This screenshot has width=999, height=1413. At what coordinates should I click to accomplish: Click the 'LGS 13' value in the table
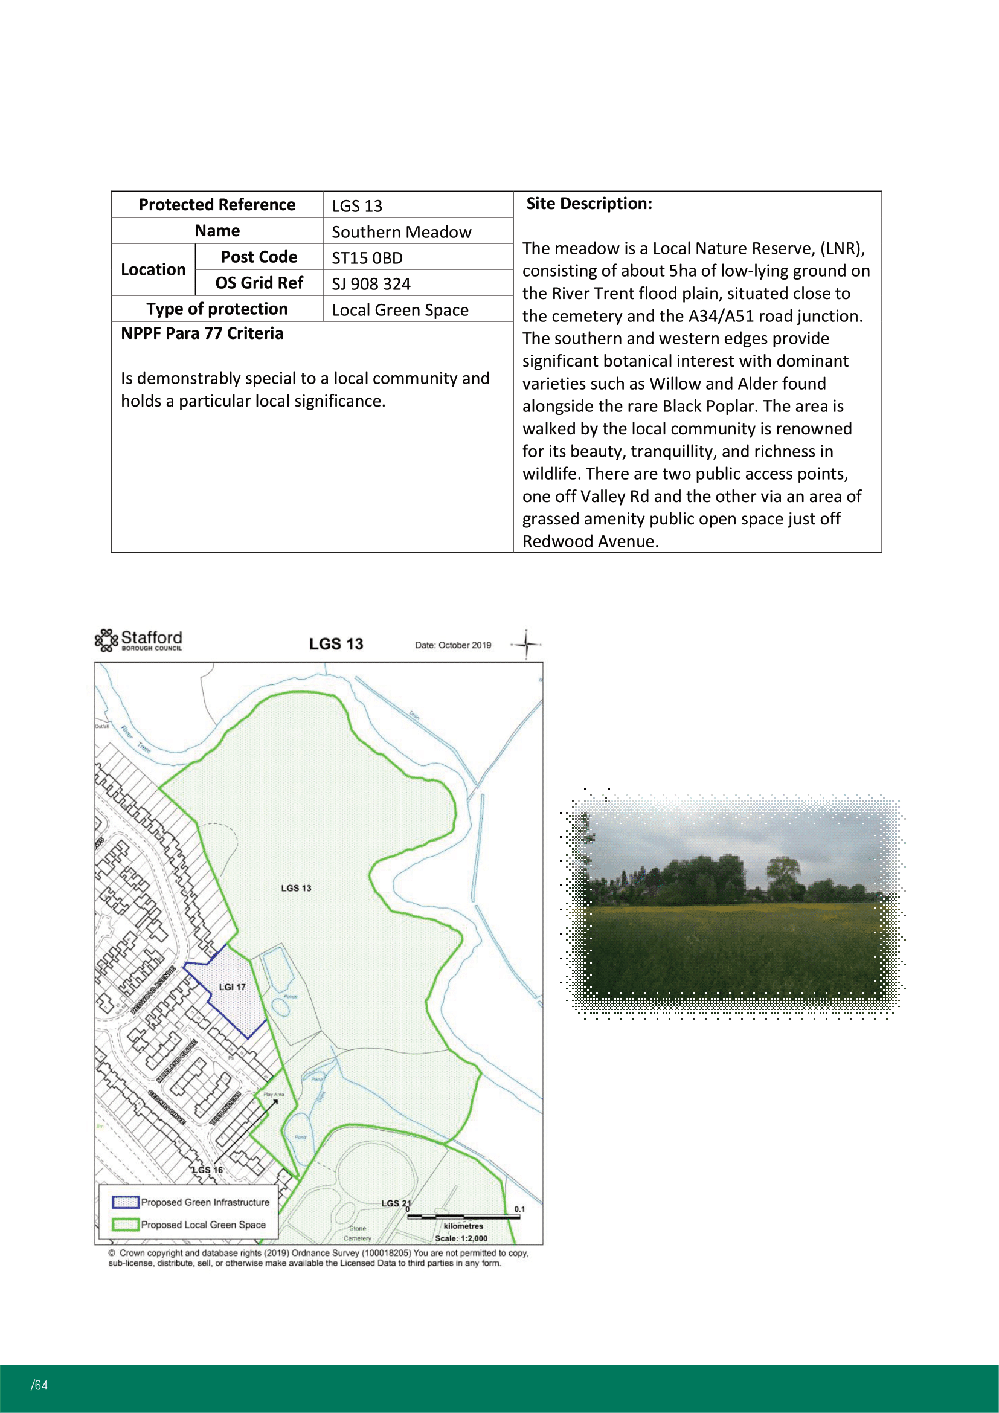[357, 205]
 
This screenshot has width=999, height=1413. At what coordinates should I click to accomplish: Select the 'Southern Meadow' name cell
[401, 232]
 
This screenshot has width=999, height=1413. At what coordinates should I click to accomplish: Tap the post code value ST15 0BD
[367, 258]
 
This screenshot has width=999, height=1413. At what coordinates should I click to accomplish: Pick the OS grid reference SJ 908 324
[371, 284]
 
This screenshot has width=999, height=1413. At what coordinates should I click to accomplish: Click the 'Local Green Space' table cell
[400, 309]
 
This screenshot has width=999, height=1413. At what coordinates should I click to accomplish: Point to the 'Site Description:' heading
[589, 204]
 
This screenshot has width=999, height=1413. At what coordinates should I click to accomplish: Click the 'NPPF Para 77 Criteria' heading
[202, 333]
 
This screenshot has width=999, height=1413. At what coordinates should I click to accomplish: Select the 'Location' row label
[153, 269]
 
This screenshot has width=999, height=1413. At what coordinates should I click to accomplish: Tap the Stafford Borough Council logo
[139, 640]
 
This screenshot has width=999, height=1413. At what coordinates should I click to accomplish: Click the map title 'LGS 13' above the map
[336, 644]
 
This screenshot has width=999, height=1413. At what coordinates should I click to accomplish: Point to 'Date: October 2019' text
[453, 645]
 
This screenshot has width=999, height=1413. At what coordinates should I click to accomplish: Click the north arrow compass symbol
[526, 645]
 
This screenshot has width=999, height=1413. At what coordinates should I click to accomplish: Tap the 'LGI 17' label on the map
[232, 987]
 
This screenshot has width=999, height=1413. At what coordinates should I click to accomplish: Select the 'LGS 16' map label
[207, 1170]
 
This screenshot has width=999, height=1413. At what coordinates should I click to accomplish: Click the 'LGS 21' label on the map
[396, 1203]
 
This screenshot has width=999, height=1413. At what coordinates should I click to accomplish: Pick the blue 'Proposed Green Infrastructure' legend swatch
[125, 1202]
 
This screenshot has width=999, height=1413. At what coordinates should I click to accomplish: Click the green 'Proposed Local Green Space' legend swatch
[125, 1225]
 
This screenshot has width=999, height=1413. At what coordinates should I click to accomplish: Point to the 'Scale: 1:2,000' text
[461, 1238]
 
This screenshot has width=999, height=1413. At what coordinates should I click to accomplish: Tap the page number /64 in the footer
[39, 1385]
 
